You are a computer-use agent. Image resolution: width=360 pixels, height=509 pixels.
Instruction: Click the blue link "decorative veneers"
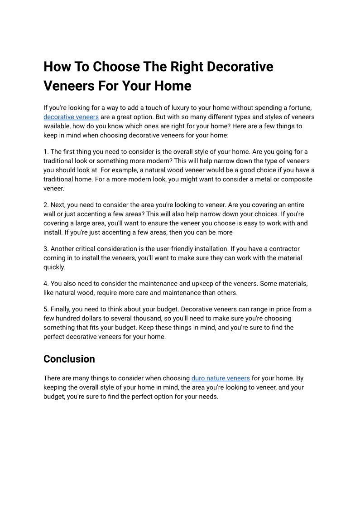click(x=71, y=117)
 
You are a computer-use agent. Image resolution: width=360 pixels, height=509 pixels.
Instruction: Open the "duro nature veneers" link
click(x=221, y=378)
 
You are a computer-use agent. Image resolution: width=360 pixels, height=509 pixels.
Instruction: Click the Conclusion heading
click(x=69, y=359)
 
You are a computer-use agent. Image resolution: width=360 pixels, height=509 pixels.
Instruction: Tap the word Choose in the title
click(x=113, y=67)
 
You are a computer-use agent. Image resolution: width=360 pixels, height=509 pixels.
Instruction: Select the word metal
click(x=253, y=179)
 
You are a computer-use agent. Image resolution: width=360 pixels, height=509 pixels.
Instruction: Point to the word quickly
click(x=54, y=267)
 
